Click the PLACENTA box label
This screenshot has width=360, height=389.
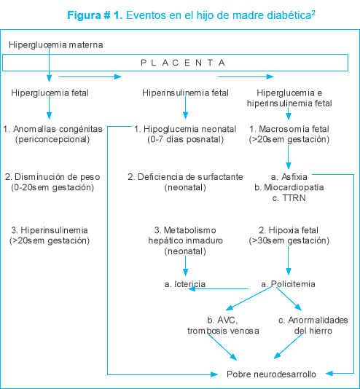(183, 63)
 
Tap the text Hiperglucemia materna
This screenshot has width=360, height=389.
(56, 45)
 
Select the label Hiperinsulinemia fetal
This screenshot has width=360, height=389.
(185, 93)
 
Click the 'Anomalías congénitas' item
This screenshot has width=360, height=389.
(58, 129)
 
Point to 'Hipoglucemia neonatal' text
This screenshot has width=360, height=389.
(190, 129)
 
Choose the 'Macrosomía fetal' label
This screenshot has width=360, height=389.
(294, 129)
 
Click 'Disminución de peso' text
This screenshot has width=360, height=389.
(57, 177)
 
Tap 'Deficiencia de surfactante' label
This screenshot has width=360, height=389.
(190, 177)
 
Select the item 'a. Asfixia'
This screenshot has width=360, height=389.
(289, 177)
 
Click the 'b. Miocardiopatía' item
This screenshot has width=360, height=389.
(289, 187)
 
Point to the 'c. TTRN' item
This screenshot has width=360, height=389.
(289, 198)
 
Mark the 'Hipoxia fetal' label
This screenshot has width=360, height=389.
(294, 230)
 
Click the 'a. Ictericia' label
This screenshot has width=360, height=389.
(185, 284)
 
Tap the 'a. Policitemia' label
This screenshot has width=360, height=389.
(289, 284)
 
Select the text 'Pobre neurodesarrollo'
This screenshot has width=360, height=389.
(271, 374)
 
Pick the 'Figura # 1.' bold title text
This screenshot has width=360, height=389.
(95, 15)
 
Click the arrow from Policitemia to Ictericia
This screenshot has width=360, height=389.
(218, 288)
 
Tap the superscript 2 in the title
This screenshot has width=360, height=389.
(313, 12)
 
